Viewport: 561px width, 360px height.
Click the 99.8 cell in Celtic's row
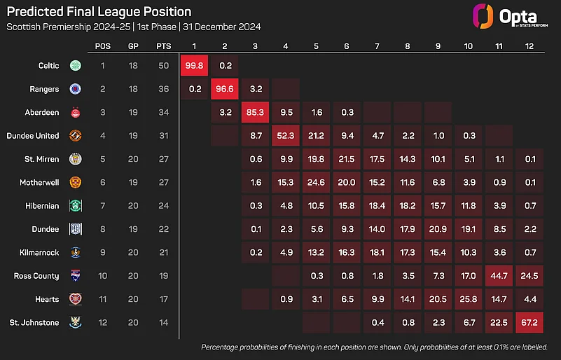(x=195, y=66)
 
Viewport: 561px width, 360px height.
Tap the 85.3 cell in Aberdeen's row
(x=256, y=112)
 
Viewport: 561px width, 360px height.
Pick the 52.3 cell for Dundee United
(x=286, y=136)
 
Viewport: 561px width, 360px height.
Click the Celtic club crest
(x=74, y=66)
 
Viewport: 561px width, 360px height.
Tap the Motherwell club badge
(x=74, y=183)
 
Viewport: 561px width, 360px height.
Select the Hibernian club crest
(x=74, y=206)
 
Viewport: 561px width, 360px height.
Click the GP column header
(x=133, y=46)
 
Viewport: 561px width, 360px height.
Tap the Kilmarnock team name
(x=40, y=253)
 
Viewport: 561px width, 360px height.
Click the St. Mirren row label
(x=41, y=159)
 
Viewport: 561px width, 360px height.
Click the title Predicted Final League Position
(x=98, y=13)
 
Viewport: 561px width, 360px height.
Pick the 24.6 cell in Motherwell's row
(x=316, y=183)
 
